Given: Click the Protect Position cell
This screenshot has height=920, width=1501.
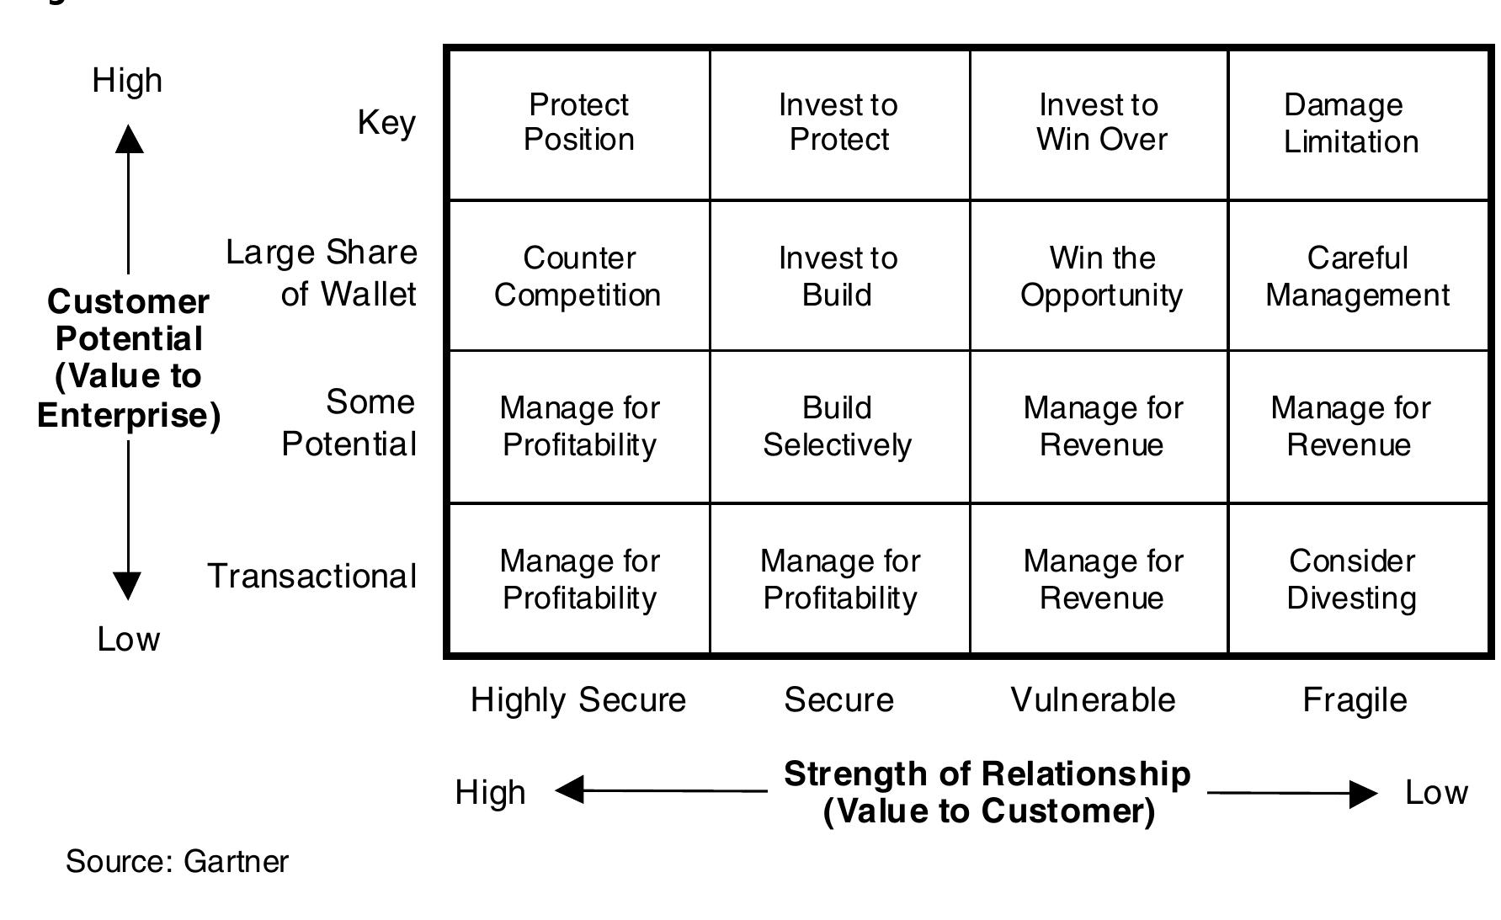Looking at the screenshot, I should click(x=579, y=123).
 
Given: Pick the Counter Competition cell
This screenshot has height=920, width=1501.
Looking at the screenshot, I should click(x=578, y=276).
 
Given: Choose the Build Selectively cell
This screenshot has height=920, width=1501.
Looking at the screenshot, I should click(x=838, y=427).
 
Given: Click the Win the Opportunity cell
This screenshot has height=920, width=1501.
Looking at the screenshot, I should click(x=1101, y=276).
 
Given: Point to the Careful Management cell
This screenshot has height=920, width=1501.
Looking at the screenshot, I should click(x=1357, y=276).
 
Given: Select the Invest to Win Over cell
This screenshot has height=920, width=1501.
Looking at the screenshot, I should click(x=1101, y=123).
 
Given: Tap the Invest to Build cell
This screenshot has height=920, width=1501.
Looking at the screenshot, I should click(x=838, y=276).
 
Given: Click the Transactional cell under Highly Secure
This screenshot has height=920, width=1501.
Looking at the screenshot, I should click(x=579, y=579).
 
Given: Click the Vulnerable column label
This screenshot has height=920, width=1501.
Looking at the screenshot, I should click(x=1093, y=700).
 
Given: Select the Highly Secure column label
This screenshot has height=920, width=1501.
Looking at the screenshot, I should click(x=578, y=700).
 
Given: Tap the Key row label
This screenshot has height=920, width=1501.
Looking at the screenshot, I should click(x=386, y=123).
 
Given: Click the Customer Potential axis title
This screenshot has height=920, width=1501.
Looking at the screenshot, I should click(x=129, y=359).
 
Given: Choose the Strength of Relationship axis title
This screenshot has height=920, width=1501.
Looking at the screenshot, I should click(x=987, y=792).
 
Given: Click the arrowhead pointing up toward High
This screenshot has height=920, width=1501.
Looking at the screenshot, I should click(x=129, y=139).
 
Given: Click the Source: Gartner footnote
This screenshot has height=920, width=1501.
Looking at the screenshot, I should click(x=177, y=862).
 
